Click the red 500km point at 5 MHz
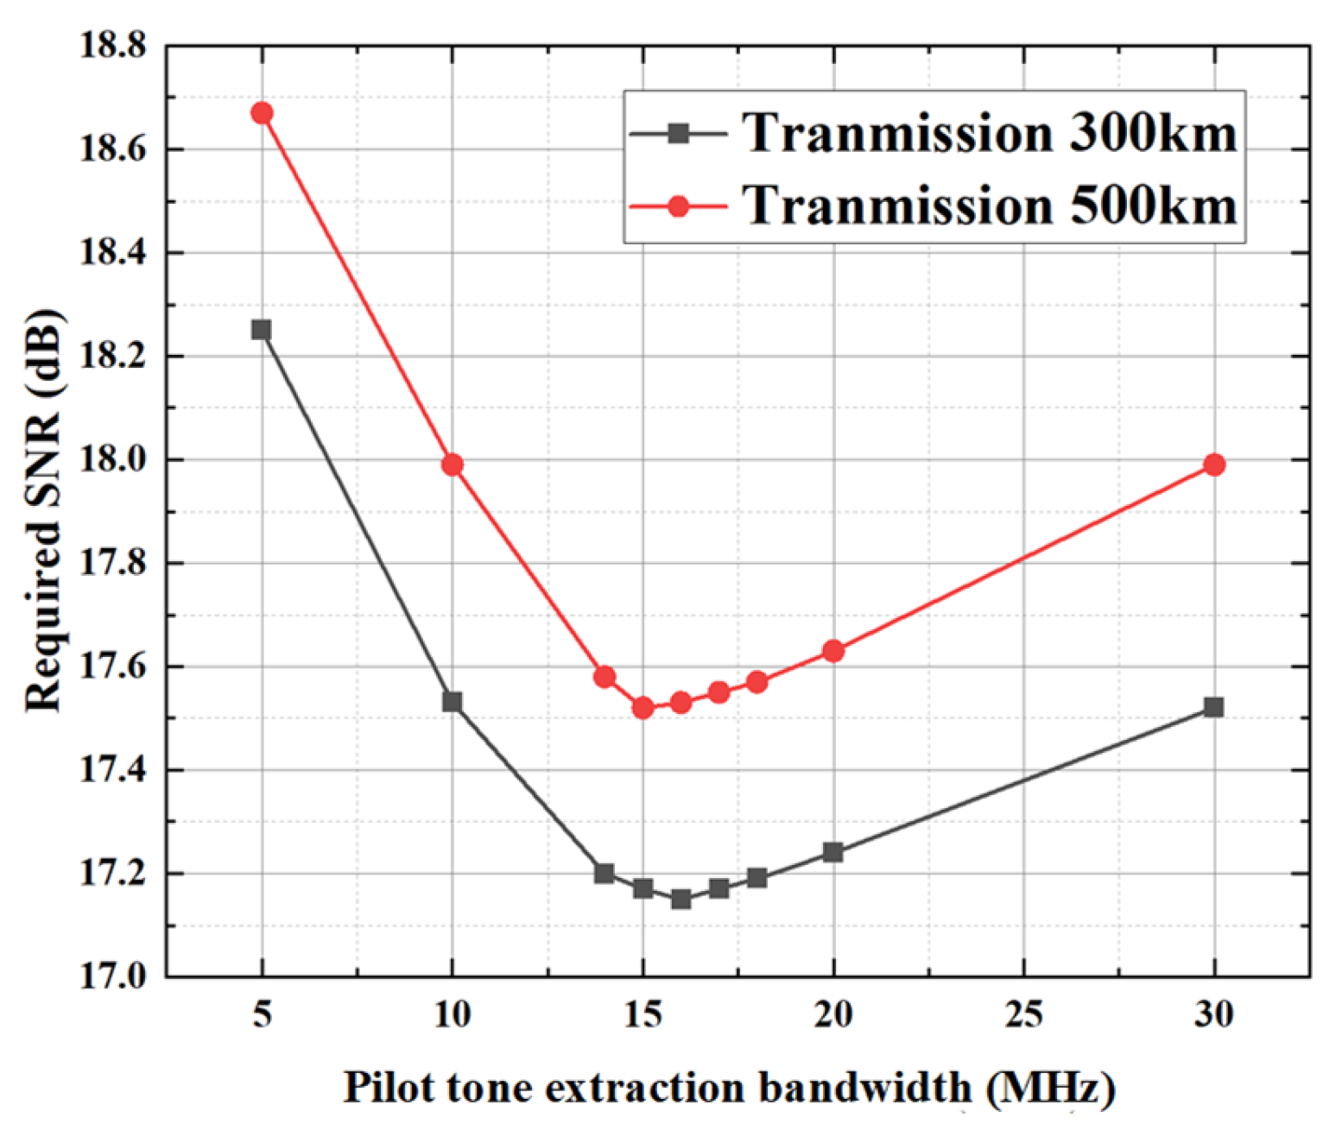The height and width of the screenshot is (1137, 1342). [x=262, y=113]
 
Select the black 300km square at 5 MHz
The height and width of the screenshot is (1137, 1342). [x=262, y=330]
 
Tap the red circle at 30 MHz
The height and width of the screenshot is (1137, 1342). [x=1214, y=464]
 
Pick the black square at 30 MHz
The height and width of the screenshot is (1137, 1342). [x=1214, y=707]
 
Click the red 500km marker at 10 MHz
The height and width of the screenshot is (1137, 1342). [x=453, y=464]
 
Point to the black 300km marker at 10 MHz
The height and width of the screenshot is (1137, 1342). [x=453, y=702]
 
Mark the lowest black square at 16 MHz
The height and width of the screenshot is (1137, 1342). [x=680, y=899]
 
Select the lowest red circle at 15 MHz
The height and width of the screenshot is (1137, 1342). [x=643, y=708]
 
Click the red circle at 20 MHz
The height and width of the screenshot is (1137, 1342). [x=833, y=651]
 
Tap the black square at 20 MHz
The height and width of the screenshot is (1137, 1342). [x=833, y=852]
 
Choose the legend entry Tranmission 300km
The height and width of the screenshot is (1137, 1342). [x=989, y=134]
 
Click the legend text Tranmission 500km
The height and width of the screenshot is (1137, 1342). [x=989, y=206]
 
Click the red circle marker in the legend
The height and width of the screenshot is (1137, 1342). [x=679, y=206]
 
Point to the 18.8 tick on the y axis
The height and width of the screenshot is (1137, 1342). [x=113, y=45]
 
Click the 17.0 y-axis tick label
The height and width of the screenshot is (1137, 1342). [x=113, y=976]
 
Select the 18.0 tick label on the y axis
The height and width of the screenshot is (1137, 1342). [x=113, y=459]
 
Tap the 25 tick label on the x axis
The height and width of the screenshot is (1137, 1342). [x=1023, y=1014]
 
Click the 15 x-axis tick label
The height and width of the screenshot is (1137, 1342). [x=643, y=1014]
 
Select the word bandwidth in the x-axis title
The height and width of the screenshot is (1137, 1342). [x=864, y=1087]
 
